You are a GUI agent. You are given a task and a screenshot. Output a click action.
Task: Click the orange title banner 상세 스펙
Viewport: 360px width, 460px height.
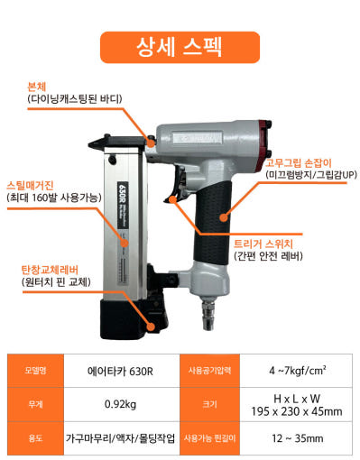(180, 47)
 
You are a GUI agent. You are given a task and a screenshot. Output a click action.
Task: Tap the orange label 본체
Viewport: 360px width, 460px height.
(37, 87)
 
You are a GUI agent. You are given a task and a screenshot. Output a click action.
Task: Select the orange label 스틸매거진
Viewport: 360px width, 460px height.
(30, 185)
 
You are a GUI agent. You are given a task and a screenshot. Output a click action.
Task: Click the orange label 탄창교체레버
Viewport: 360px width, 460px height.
(50, 270)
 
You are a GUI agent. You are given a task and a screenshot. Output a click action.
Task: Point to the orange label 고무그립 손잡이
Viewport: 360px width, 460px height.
(298, 163)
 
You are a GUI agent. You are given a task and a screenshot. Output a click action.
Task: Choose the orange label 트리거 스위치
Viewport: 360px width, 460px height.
(263, 244)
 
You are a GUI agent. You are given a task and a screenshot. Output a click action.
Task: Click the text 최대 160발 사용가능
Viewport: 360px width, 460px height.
(54, 198)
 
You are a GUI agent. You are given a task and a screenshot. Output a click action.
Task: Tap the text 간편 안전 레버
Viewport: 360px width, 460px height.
(268, 256)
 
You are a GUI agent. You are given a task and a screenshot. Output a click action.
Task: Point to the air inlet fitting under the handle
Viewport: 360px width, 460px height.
(208, 313)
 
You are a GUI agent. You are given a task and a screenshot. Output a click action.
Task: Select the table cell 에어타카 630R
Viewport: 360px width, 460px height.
(120, 372)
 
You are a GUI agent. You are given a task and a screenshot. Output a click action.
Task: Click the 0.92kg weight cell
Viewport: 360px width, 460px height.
(120, 404)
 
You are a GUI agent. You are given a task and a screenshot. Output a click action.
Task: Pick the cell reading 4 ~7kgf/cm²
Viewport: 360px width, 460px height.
(297, 371)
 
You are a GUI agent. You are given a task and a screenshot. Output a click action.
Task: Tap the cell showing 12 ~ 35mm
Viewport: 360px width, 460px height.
(297, 438)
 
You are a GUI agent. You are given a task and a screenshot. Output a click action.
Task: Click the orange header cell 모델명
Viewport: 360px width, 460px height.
(35, 371)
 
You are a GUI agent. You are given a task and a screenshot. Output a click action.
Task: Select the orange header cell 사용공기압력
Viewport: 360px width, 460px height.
(209, 371)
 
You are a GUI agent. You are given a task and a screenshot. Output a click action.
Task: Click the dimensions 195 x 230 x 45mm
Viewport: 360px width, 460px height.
(297, 411)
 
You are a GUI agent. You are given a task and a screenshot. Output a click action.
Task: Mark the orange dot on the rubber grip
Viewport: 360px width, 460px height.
(224, 217)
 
